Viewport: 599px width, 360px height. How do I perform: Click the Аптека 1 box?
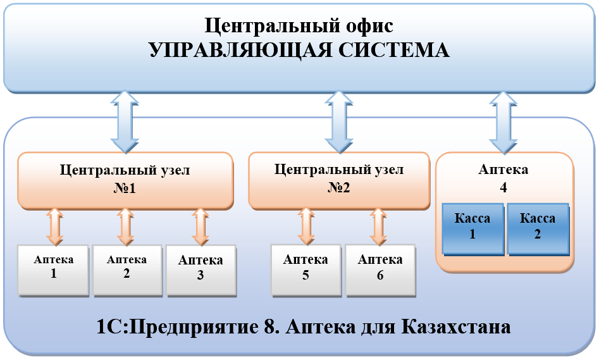(x=54, y=270)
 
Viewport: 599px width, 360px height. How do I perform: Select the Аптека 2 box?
(x=127, y=270)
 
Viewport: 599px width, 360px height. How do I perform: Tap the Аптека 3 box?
(x=201, y=270)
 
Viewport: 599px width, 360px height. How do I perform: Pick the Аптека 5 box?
(x=306, y=270)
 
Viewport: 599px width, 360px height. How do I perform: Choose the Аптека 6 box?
(x=380, y=270)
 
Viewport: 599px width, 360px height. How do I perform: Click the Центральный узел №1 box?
(x=125, y=180)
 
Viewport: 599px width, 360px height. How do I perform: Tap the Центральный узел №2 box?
(x=338, y=180)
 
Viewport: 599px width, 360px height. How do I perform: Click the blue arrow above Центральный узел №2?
(x=338, y=120)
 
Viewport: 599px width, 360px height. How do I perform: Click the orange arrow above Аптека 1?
(x=54, y=227)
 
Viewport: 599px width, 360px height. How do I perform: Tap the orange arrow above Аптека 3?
(x=201, y=227)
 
